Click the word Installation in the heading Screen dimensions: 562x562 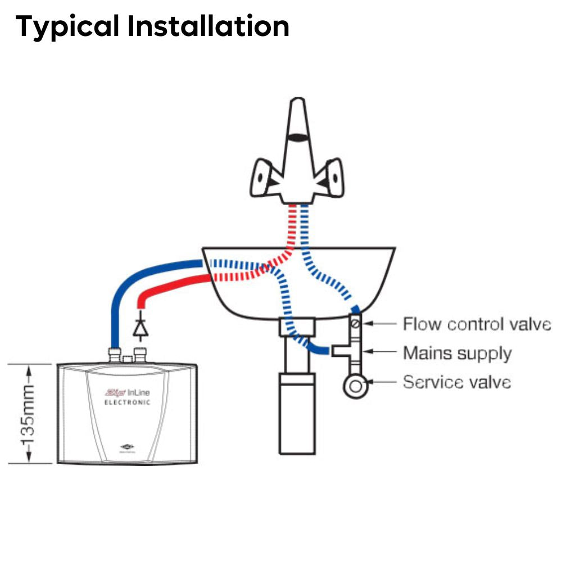click(208, 26)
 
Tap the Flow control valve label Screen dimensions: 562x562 click(477, 324)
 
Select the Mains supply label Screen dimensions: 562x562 click(457, 353)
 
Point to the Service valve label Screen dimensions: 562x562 click(457, 382)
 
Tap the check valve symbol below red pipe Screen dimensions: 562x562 click(139, 327)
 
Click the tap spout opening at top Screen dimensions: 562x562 click(298, 137)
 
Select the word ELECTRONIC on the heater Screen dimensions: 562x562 click(128, 402)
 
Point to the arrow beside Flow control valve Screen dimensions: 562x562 click(382, 324)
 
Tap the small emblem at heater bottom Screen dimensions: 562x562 click(129, 447)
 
